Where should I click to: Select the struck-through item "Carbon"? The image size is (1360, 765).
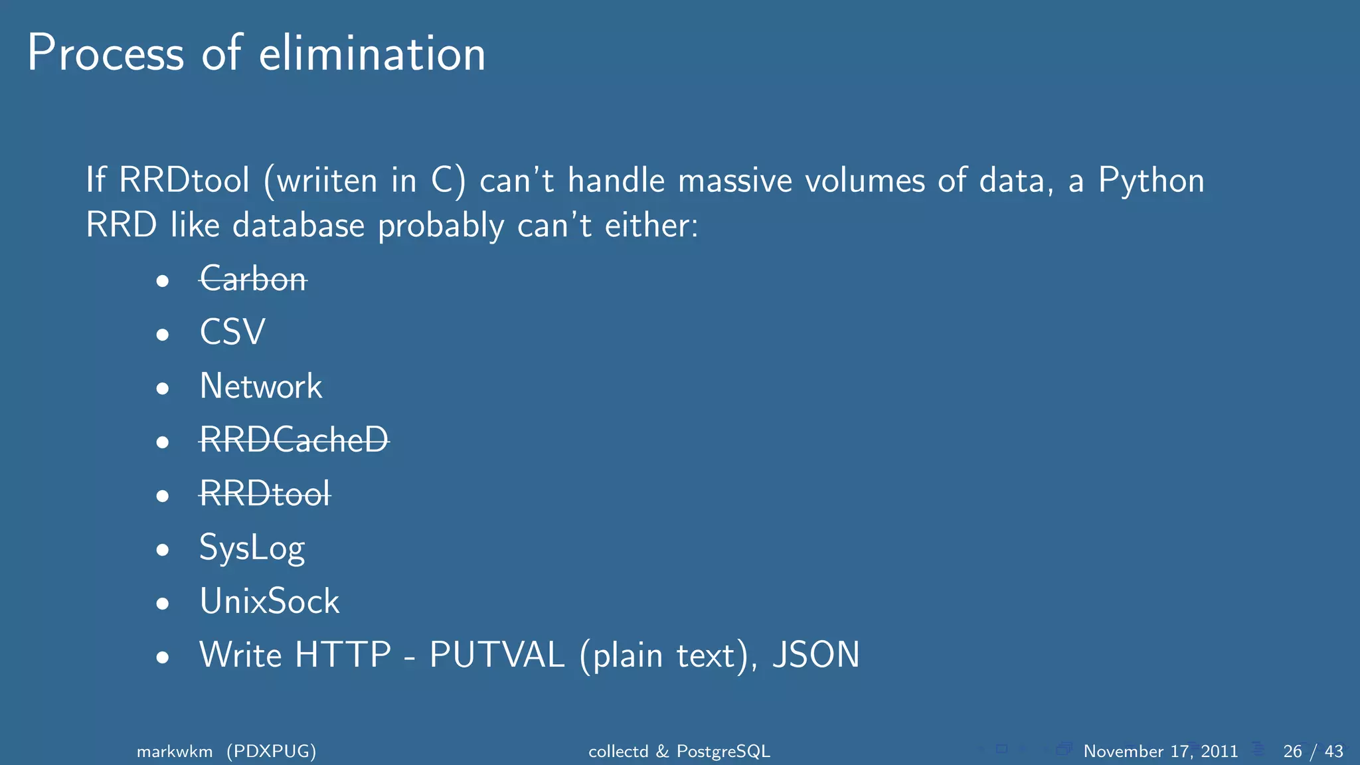click(x=253, y=279)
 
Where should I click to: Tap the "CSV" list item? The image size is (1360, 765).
click(x=232, y=332)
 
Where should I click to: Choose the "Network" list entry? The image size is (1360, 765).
click(x=261, y=386)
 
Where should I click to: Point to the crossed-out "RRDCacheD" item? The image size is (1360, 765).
click(x=294, y=440)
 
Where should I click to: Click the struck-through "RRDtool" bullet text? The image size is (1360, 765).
click(x=265, y=493)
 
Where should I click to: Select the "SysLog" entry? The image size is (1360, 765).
click(x=252, y=549)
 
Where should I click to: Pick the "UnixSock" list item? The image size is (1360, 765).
click(x=270, y=602)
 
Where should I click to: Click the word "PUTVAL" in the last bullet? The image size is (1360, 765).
click(x=497, y=655)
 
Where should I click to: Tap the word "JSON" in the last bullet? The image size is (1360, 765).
click(x=816, y=655)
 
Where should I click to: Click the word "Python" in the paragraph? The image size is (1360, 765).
click(x=1151, y=181)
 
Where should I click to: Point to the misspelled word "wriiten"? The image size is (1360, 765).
click(x=327, y=181)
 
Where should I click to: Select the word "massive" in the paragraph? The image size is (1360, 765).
click(x=735, y=181)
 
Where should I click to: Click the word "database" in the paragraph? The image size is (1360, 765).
click(x=299, y=226)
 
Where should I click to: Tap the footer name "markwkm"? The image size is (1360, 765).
click(x=175, y=751)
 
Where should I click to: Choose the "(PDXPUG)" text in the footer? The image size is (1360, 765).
click(x=272, y=751)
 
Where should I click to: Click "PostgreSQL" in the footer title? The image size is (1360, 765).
click(x=723, y=751)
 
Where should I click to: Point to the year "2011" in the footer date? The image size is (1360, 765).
click(x=1219, y=751)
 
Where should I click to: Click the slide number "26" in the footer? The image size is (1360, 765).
click(x=1292, y=751)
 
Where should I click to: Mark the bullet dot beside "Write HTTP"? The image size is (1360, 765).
click(x=163, y=657)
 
